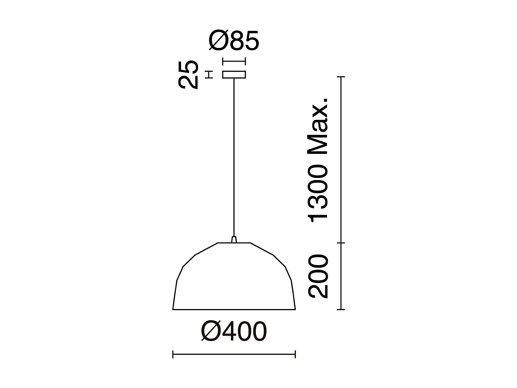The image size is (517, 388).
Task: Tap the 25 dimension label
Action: pyautogui.click(x=188, y=74)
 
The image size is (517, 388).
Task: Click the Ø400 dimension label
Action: pyautogui.click(x=234, y=331)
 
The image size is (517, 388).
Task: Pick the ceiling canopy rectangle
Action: pyautogui.click(x=234, y=74)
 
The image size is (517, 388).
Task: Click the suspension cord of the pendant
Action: pyautogui.click(x=234, y=155)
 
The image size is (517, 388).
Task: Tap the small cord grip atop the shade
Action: pyautogui.click(x=234, y=239)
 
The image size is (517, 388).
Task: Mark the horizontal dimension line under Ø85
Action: pyautogui.click(x=234, y=62)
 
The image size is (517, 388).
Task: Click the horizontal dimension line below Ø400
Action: pyautogui.click(x=234, y=354)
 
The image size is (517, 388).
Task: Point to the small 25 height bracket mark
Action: pyautogui.click(x=208, y=74)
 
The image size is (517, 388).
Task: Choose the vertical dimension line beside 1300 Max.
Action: pyautogui.click(x=341, y=159)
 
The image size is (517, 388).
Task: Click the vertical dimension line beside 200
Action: pyautogui.click(x=341, y=276)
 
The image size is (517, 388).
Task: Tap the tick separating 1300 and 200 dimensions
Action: pyautogui.click(x=341, y=243)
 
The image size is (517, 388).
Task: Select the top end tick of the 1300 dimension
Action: pyautogui.click(x=341, y=77)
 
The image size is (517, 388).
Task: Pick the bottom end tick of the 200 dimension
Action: pyautogui.click(x=341, y=309)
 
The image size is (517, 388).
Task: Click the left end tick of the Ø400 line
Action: pyautogui.click(x=173, y=354)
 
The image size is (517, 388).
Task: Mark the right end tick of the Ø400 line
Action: pyautogui.click(x=295, y=354)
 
